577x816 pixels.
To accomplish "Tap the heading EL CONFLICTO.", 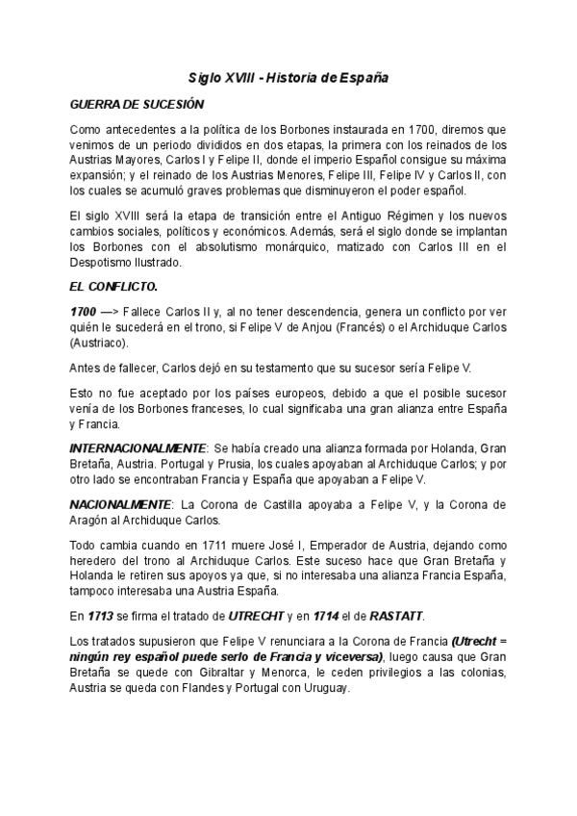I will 114,287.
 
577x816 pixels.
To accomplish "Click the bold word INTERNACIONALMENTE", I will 138,448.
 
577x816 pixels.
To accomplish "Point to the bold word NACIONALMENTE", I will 120,504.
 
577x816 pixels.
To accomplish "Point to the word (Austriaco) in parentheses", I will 105,343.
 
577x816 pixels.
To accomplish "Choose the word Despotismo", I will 108,262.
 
